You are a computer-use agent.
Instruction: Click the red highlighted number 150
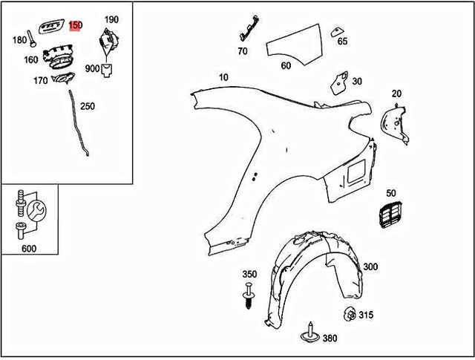(x=75, y=26)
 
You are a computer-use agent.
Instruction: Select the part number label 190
(x=111, y=19)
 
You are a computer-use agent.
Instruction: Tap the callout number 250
(x=88, y=106)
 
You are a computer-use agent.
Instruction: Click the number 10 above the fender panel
(x=223, y=77)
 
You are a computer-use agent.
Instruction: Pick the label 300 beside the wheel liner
(x=370, y=266)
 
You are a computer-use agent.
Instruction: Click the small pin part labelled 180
(x=30, y=36)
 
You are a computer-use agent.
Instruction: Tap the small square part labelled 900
(x=108, y=70)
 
